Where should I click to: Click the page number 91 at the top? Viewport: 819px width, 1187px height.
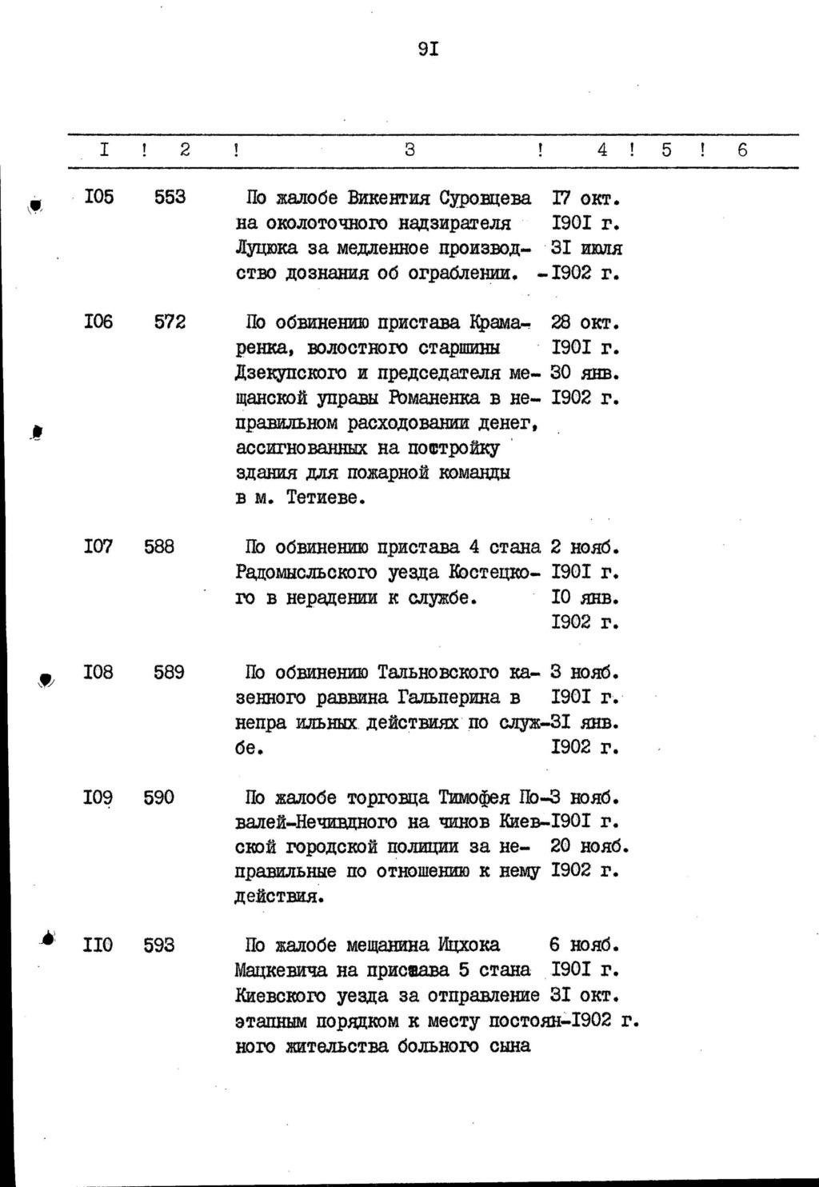coord(428,50)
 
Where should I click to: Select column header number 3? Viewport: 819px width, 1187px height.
coord(409,150)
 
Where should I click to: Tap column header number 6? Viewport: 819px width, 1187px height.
coord(742,150)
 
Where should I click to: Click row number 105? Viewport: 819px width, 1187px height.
coord(98,197)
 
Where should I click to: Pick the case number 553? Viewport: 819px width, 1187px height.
coord(170,197)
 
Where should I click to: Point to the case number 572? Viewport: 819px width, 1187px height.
coord(170,322)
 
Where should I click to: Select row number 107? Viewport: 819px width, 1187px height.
coord(98,547)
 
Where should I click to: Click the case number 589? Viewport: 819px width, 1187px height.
coord(169,672)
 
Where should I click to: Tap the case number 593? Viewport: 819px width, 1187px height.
coord(159,945)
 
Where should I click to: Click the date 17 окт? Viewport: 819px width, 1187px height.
coord(586,198)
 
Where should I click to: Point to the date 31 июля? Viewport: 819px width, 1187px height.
coord(586,248)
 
